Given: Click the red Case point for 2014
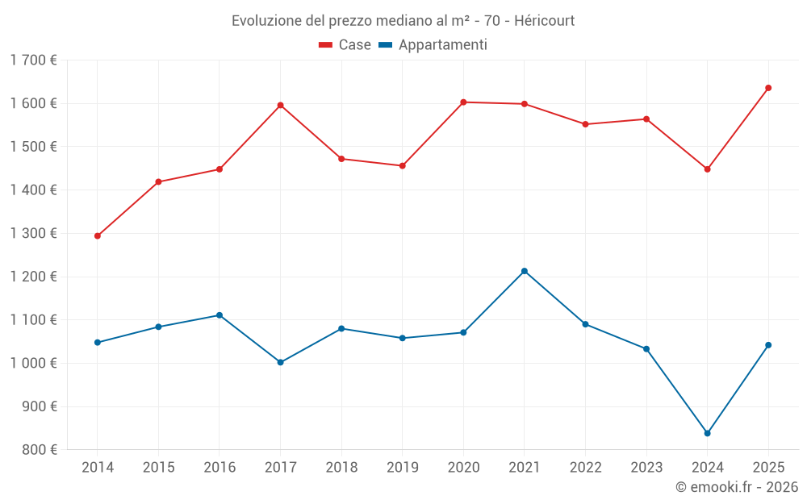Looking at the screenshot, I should click(98, 236).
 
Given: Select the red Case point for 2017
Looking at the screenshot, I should click(280, 105).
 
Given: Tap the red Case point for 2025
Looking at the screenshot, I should click(768, 88).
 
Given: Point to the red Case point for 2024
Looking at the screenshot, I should click(707, 169).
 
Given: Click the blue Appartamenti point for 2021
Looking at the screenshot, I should click(525, 271).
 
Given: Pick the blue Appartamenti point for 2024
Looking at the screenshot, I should click(707, 433).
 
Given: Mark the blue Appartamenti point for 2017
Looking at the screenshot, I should click(280, 362).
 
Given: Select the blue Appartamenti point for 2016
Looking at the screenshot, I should click(220, 315).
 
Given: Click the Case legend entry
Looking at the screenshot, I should click(345, 45).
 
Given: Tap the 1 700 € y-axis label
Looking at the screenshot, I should click(33, 60).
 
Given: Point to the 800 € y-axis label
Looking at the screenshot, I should click(40, 450).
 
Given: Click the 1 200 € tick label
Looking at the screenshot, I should click(33, 277).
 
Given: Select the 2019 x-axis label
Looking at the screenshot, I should click(402, 467).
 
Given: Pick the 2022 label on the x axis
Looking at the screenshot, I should click(585, 467).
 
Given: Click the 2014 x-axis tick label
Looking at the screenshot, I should click(98, 467).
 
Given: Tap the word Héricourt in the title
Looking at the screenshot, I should click(544, 21).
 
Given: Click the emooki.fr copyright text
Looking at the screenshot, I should click(737, 487).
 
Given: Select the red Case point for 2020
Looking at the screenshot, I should click(463, 102).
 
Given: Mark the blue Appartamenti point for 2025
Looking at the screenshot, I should click(768, 345).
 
